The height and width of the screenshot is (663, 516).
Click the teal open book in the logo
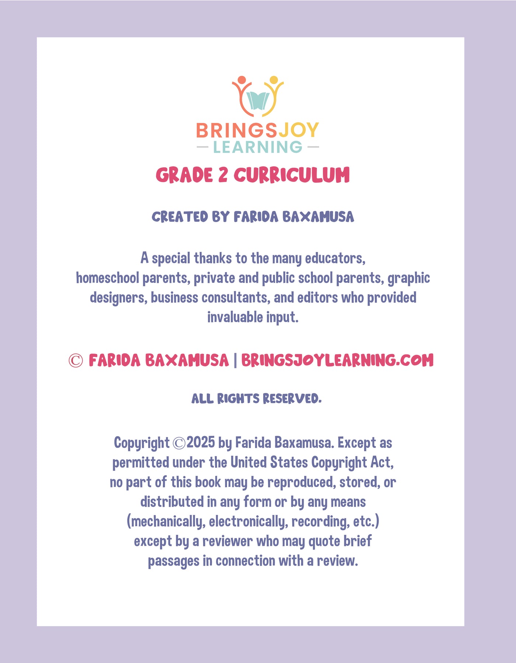(x=258, y=101)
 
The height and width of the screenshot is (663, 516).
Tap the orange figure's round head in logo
(x=242, y=80)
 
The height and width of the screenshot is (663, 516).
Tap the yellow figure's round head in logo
(x=273, y=80)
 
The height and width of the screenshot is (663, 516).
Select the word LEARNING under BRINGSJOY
(x=258, y=147)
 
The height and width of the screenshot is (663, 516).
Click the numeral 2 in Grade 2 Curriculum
(x=223, y=175)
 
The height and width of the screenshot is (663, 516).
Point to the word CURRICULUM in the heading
(x=292, y=175)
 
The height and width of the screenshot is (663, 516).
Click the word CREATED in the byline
(x=180, y=217)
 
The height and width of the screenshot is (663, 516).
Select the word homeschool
(x=108, y=278)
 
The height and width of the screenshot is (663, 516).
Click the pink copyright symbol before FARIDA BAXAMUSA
(x=76, y=361)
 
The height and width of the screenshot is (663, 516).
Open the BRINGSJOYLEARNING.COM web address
(x=337, y=360)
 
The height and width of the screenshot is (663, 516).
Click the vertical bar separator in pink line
(x=235, y=360)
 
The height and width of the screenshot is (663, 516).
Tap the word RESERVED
(x=292, y=399)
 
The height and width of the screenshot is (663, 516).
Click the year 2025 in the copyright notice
(x=201, y=442)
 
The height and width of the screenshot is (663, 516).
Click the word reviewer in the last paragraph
(x=227, y=541)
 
